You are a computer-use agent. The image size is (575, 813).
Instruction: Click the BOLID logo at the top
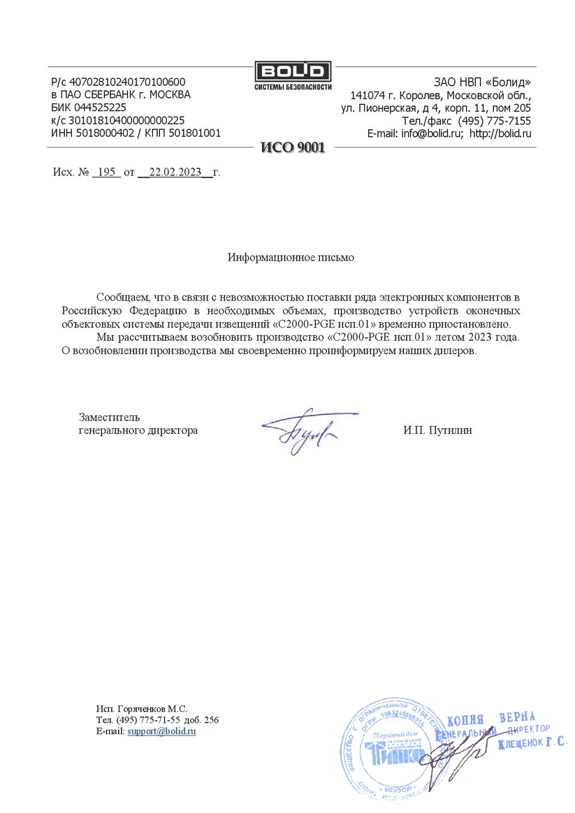(x=292, y=72)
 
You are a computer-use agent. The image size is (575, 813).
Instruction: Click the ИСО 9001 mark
(x=292, y=147)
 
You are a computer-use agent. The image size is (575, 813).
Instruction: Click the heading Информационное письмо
(x=291, y=258)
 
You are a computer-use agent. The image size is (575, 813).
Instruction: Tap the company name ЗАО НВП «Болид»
(x=482, y=82)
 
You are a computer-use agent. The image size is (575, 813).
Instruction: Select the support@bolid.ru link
(x=161, y=731)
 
